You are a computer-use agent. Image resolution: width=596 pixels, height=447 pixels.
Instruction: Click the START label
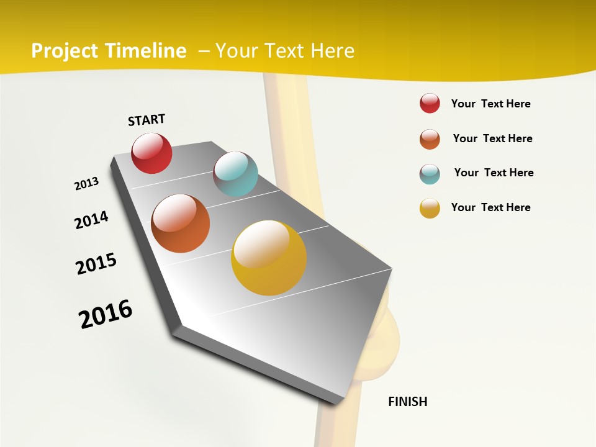[147, 120]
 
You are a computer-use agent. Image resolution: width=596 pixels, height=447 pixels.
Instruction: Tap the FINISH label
[407, 402]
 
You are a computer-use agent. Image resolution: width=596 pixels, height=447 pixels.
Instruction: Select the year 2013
[86, 184]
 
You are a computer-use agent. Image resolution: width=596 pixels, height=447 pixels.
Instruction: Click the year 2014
[91, 220]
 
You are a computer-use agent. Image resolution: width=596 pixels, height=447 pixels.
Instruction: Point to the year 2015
[96, 263]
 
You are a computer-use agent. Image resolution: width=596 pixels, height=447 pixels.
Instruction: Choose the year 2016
[106, 314]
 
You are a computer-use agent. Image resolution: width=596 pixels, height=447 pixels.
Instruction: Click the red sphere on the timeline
[151, 153]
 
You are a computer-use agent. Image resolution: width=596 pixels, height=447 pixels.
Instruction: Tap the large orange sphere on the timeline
[180, 223]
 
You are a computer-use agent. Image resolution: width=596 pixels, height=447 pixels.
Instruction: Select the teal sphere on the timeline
[235, 174]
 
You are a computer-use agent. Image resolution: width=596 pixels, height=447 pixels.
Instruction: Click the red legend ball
[430, 103]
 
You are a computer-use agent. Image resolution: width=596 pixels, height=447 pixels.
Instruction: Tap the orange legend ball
[430, 139]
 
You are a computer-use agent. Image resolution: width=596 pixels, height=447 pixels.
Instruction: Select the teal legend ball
[430, 173]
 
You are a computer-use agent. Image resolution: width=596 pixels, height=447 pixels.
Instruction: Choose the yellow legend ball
[430, 208]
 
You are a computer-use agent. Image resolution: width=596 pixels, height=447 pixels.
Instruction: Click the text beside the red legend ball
[490, 104]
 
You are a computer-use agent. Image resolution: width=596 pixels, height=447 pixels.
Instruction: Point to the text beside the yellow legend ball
[490, 207]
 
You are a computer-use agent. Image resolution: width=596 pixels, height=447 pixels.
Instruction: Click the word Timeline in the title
[146, 51]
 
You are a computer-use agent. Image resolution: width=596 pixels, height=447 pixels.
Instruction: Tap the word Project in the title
[65, 51]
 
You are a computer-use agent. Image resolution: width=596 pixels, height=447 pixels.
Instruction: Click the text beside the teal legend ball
[494, 173]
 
